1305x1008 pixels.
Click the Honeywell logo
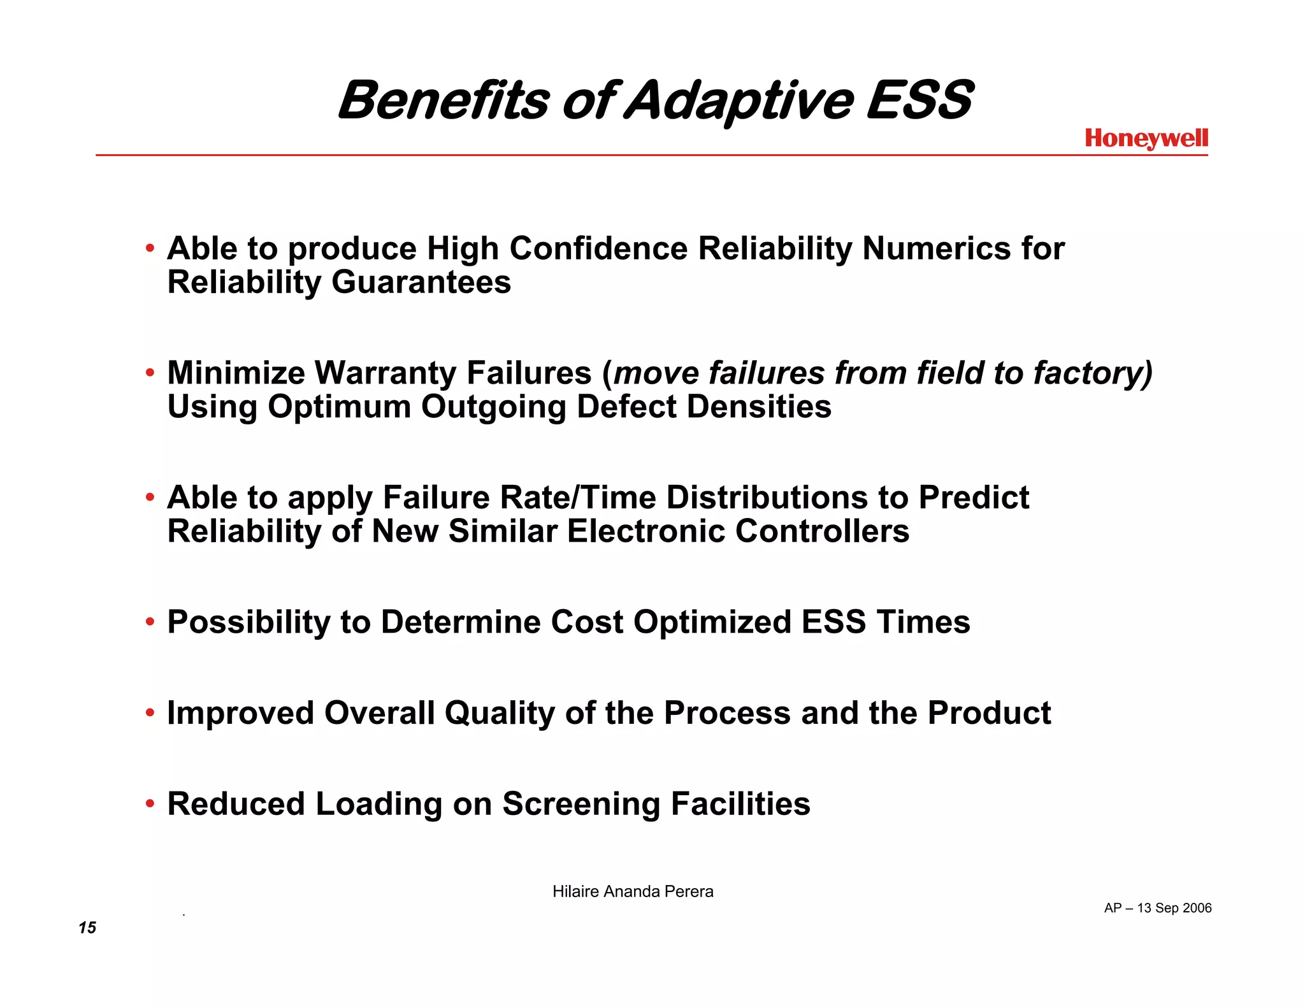click(x=1146, y=138)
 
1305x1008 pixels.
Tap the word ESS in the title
click(x=918, y=101)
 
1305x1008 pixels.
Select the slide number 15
click(x=87, y=928)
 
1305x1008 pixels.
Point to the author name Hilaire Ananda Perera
click(x=633, y=891)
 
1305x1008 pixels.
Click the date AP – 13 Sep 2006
click(x=1158, y=908)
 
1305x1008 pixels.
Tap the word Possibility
click(x=249, y=623)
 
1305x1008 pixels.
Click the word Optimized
click(x=712, y=623)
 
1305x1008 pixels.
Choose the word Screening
click(x=581, y=804)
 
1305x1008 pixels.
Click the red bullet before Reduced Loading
click(x=150, y=803)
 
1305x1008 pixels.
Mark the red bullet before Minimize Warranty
click(x=150, y=372)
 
